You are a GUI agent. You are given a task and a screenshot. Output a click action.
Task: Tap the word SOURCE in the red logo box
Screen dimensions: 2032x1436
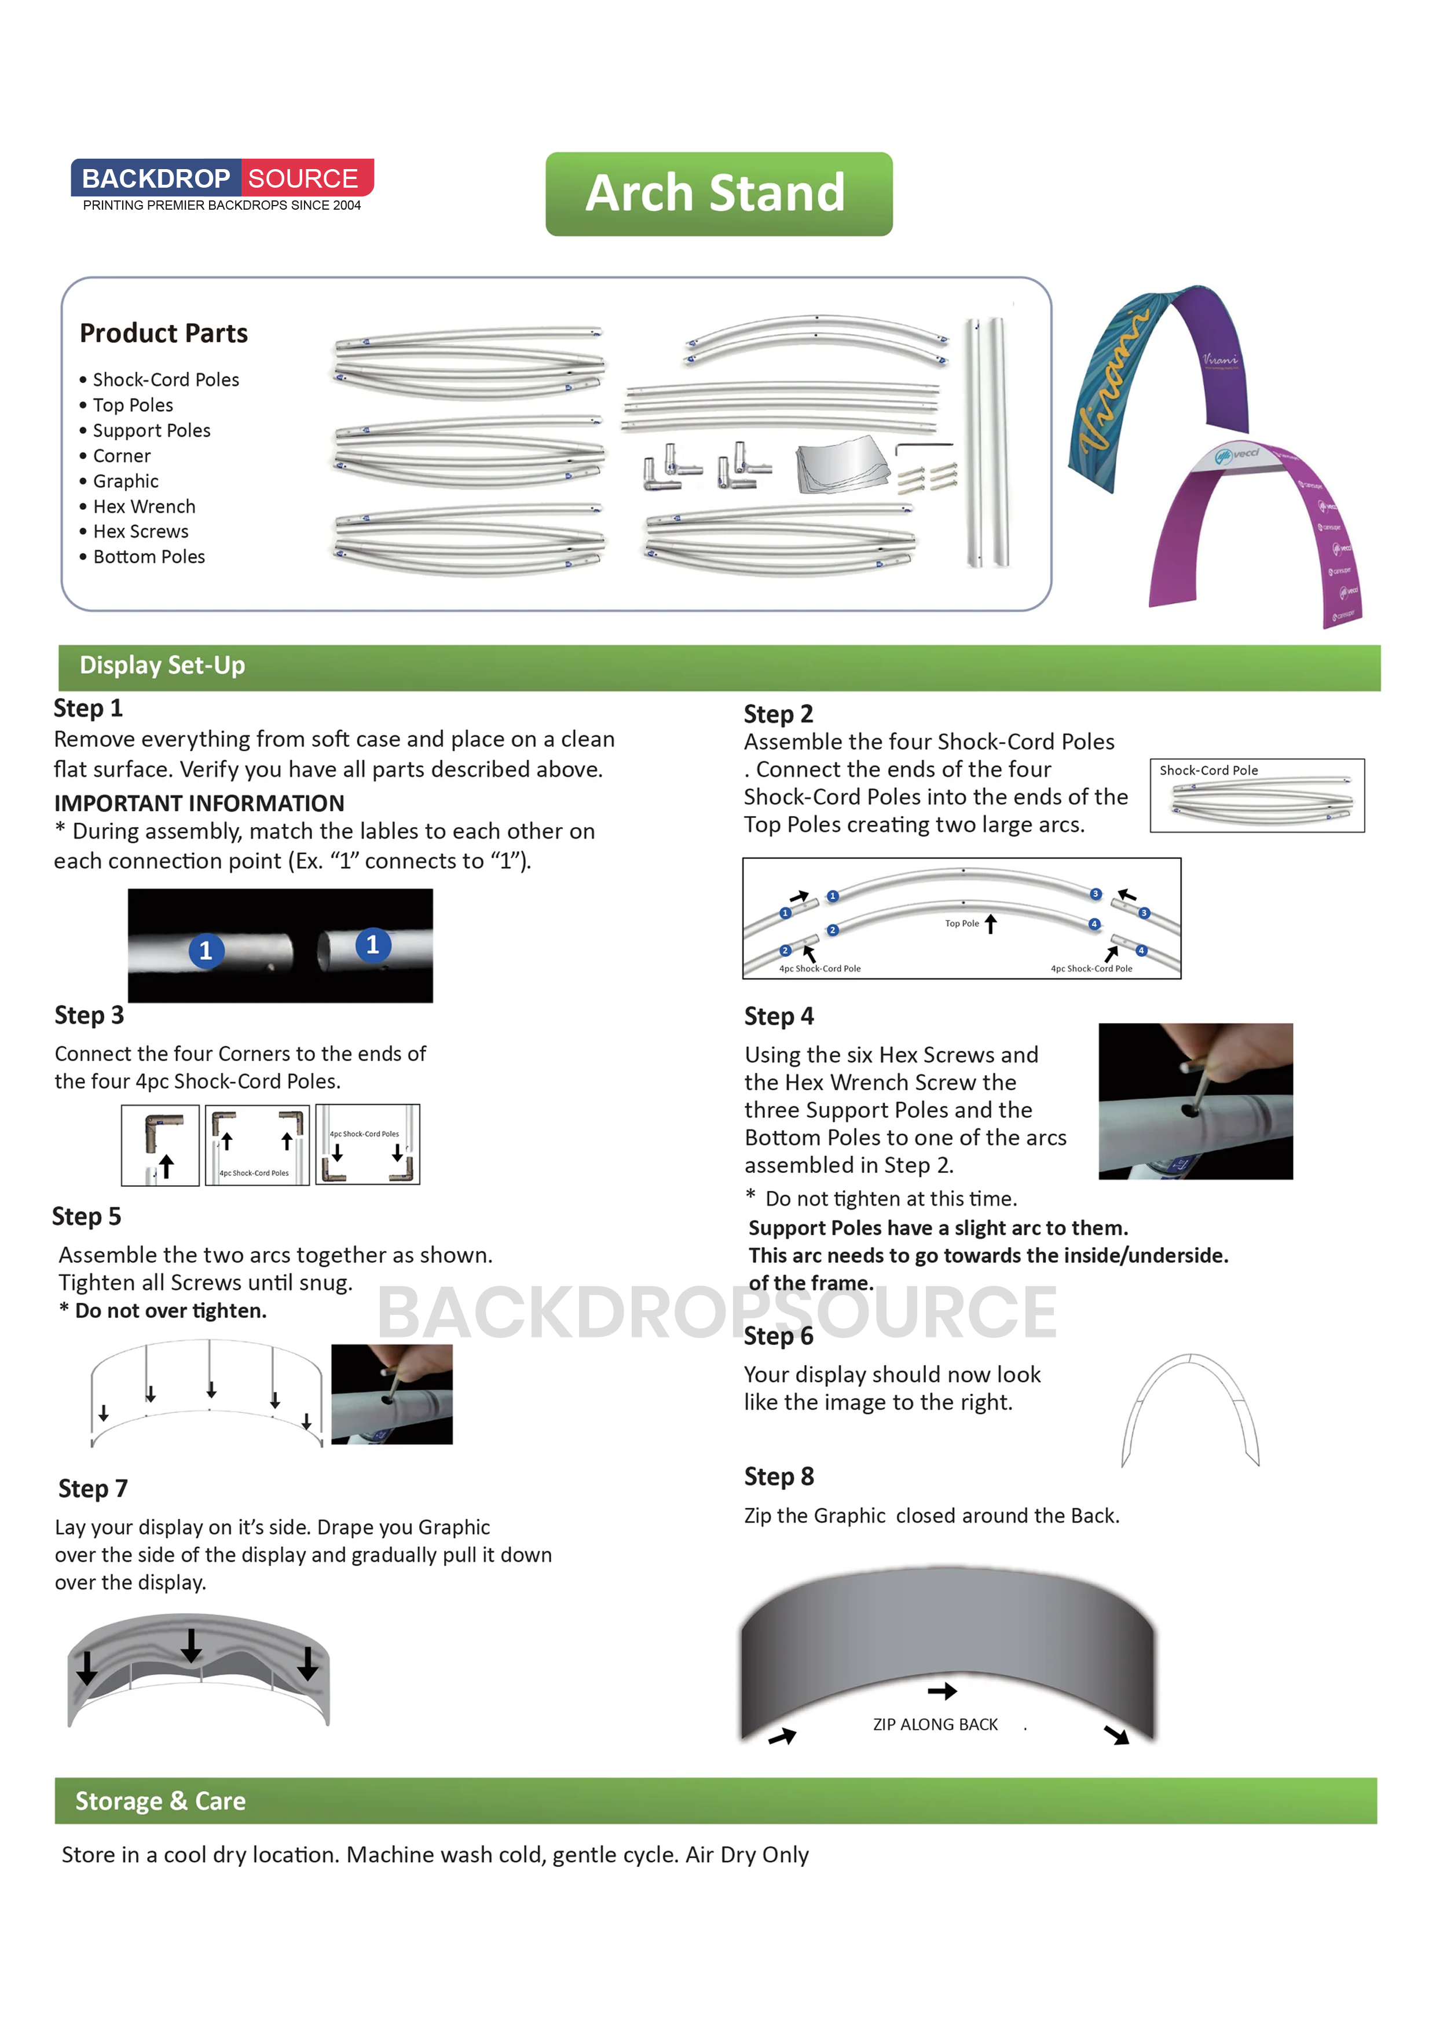click(303, 179)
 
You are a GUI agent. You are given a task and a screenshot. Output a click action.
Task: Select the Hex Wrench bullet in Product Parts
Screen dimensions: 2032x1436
click(144, 506)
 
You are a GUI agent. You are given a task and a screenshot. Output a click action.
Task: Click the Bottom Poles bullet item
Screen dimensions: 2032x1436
click(149, 557)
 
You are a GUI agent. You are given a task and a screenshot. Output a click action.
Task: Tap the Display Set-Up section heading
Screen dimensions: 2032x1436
click(162, 666)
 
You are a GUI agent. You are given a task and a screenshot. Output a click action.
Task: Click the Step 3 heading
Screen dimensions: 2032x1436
click(89, 1015)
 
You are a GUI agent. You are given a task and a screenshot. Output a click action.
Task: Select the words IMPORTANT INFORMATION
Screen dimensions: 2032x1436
click(199, 803)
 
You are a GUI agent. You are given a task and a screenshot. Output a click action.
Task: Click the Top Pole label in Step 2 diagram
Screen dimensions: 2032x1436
click(962, 923)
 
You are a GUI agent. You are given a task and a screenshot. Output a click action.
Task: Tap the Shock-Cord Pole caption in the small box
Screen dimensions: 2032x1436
click(1208, 770)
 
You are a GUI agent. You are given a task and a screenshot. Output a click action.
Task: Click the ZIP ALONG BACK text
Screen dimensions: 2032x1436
click(935, 1724)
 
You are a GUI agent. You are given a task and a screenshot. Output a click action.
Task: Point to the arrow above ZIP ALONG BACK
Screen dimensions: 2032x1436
click(942, 1691)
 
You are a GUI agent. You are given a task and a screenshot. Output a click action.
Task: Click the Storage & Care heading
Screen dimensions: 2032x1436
click(160, 1801)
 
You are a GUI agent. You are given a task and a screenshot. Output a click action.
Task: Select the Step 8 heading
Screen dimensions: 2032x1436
click(779, 1476)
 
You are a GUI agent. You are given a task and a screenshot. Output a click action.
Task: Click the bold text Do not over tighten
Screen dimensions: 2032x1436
click(170, 1311)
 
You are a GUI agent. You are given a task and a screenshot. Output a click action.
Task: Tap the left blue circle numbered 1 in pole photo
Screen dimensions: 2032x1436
click(206, 951)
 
